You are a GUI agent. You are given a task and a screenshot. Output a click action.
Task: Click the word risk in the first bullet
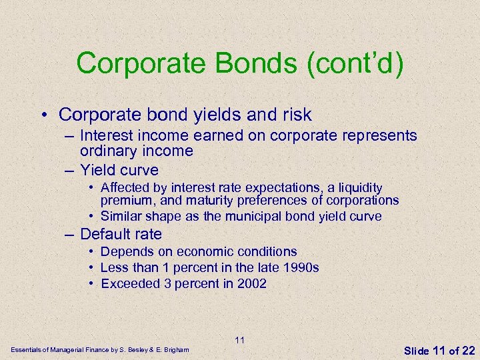click(295, 115)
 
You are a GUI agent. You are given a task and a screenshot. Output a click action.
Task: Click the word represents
click(380, 136)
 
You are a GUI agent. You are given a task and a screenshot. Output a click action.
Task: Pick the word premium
click(125, 200)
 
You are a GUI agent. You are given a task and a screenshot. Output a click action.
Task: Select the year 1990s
click(300, 267)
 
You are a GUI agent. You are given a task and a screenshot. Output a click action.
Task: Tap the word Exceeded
click(130, 283)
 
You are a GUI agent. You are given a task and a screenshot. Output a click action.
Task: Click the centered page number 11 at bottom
click(240, 340)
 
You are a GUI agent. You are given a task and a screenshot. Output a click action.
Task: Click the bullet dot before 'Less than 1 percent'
click(91, 267)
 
